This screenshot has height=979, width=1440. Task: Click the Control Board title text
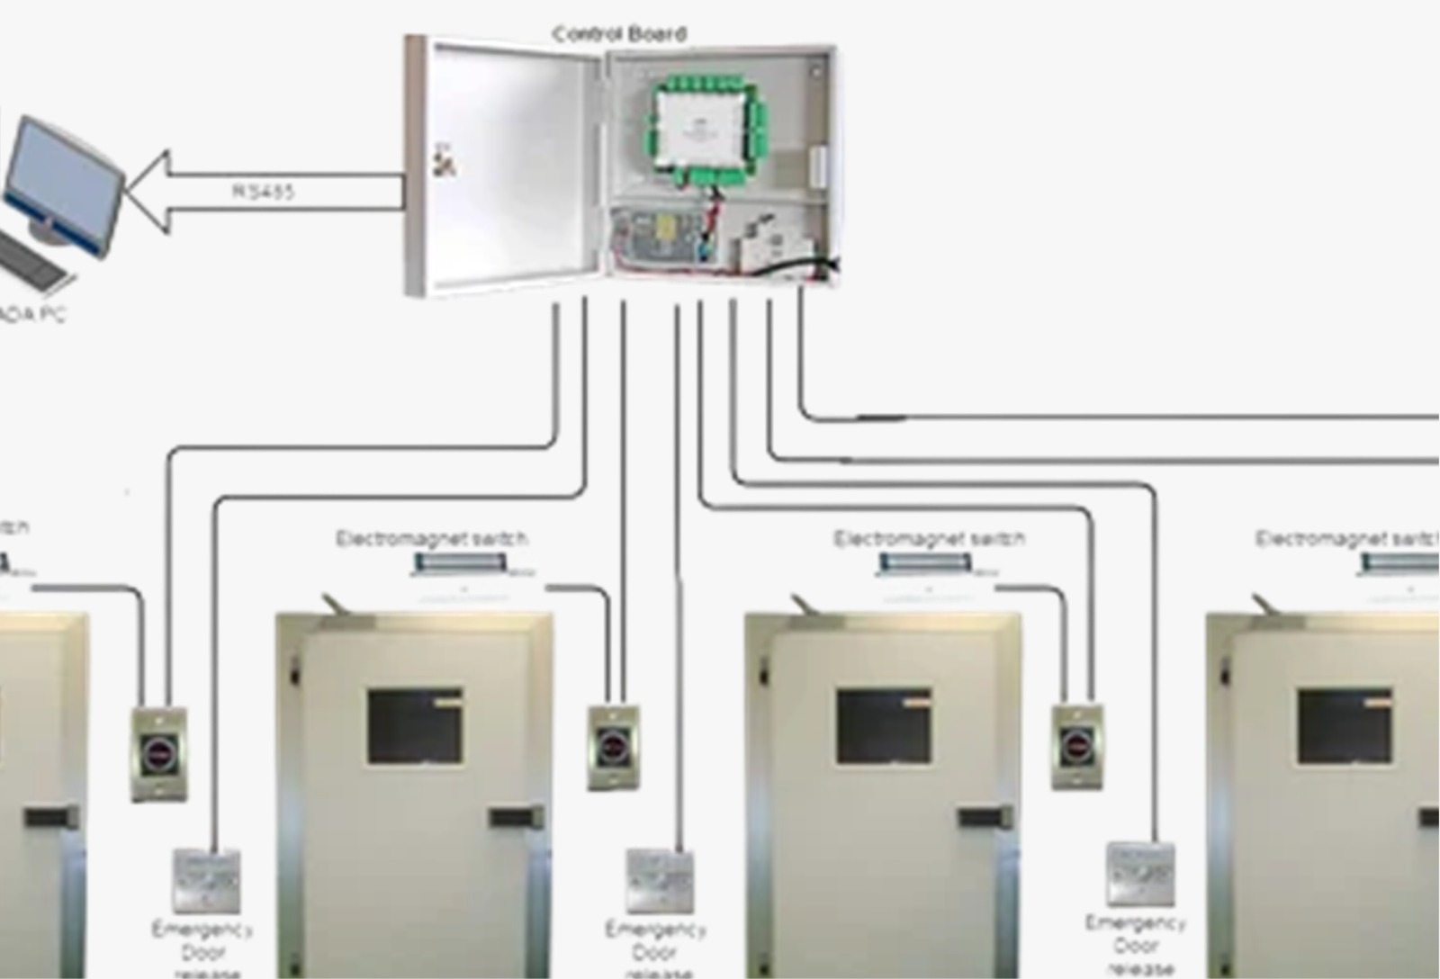[619, 34]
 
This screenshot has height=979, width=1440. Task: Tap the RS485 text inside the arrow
[264, 192]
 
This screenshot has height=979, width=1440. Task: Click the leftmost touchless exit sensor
[159, 753]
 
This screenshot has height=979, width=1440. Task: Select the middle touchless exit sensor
[613, 748]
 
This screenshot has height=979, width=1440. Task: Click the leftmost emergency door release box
[206, 880]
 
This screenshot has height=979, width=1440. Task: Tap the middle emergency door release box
[660, 880]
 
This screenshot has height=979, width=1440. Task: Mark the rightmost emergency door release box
[1140, 873]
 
